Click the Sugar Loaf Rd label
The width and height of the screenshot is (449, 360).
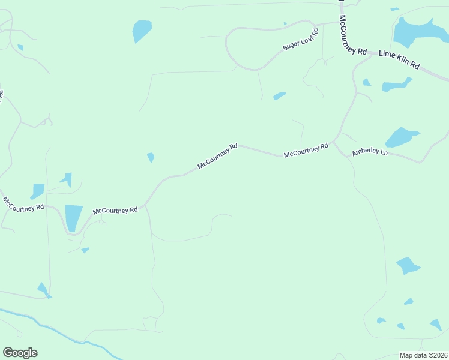click(x=300, y=40)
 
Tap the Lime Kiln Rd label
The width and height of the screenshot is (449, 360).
click(x=399, y=59)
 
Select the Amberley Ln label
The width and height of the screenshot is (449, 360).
click(x=370, y=152)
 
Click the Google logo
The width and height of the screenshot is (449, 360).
click(x=20, y=353)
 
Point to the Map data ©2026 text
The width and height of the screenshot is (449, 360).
click(x=423, y=355)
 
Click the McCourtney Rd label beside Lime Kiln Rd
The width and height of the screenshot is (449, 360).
click(x=352, y=35)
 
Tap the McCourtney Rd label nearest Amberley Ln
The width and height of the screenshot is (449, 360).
click(x=306, y=150)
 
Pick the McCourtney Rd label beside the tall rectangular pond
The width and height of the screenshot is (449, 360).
click(x=115, y=211)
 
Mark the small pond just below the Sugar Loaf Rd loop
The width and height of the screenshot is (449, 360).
click(x=279, y=95)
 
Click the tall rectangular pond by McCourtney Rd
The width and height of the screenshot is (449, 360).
click(x=73, y=217)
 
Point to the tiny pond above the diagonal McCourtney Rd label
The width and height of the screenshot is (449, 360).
click(x=151, y=157)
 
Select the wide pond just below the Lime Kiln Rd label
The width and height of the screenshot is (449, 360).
click(x=396, y=85)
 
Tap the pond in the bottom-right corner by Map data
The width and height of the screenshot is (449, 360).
click(x=436, y=325)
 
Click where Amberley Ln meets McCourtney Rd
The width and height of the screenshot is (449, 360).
click(x=334, y=143)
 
